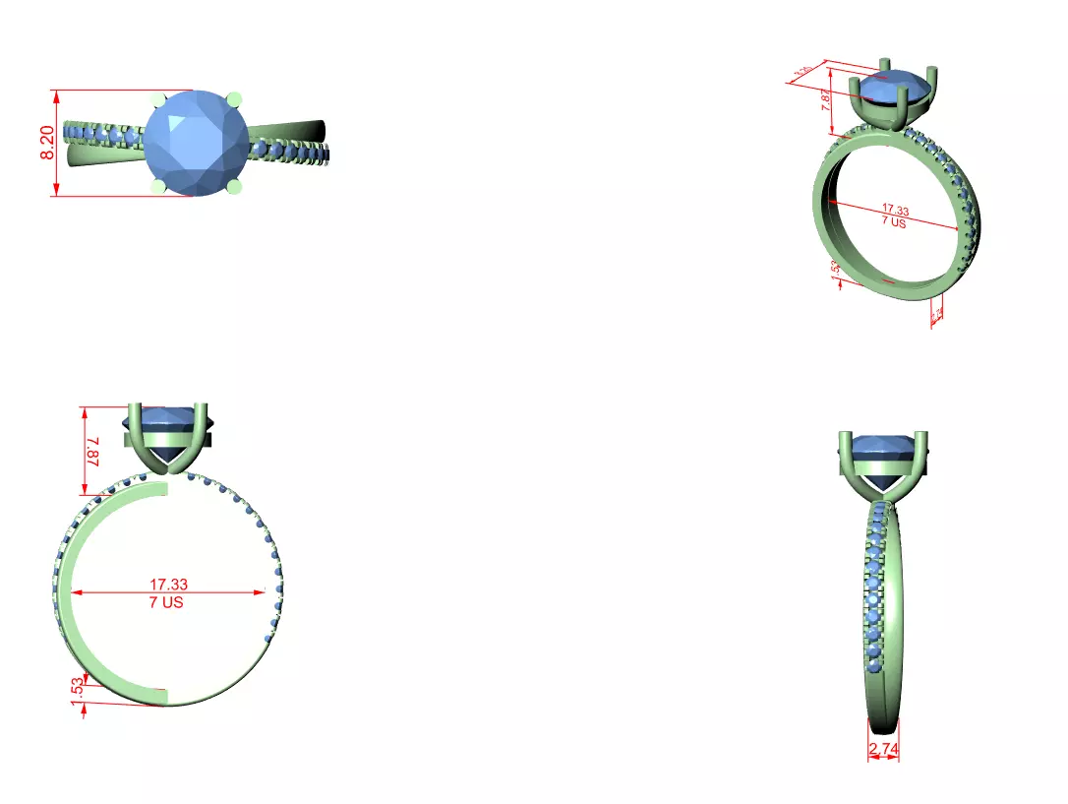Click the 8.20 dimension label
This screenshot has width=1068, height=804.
[46, 144]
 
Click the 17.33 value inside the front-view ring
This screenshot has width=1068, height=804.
[168, 585]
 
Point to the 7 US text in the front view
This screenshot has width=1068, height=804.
[166, 601]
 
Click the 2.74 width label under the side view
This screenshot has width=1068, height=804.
[882, 750]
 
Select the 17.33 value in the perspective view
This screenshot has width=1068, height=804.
[895, 210]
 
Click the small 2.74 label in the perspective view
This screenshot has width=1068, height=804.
[937, 314]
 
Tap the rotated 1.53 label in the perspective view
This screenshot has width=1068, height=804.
[836, 270]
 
